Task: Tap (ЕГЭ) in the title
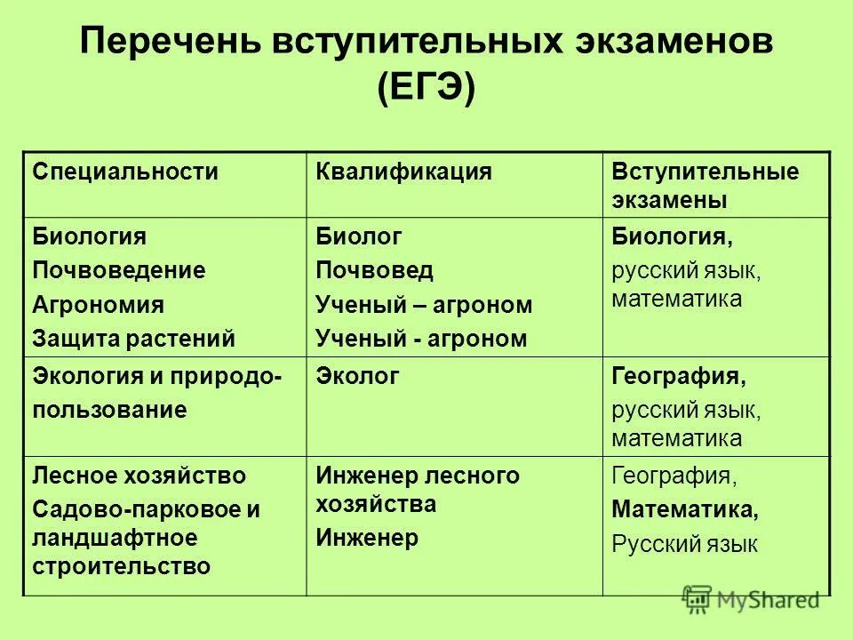426,89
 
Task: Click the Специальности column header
125,172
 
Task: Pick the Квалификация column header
404,172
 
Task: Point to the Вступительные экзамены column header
705,186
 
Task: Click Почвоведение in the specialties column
119,270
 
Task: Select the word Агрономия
99,304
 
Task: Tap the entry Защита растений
134,338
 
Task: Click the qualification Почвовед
375,270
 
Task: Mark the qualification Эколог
358,376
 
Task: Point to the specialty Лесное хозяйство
140,476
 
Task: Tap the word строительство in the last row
122,565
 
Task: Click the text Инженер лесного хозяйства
418,490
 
